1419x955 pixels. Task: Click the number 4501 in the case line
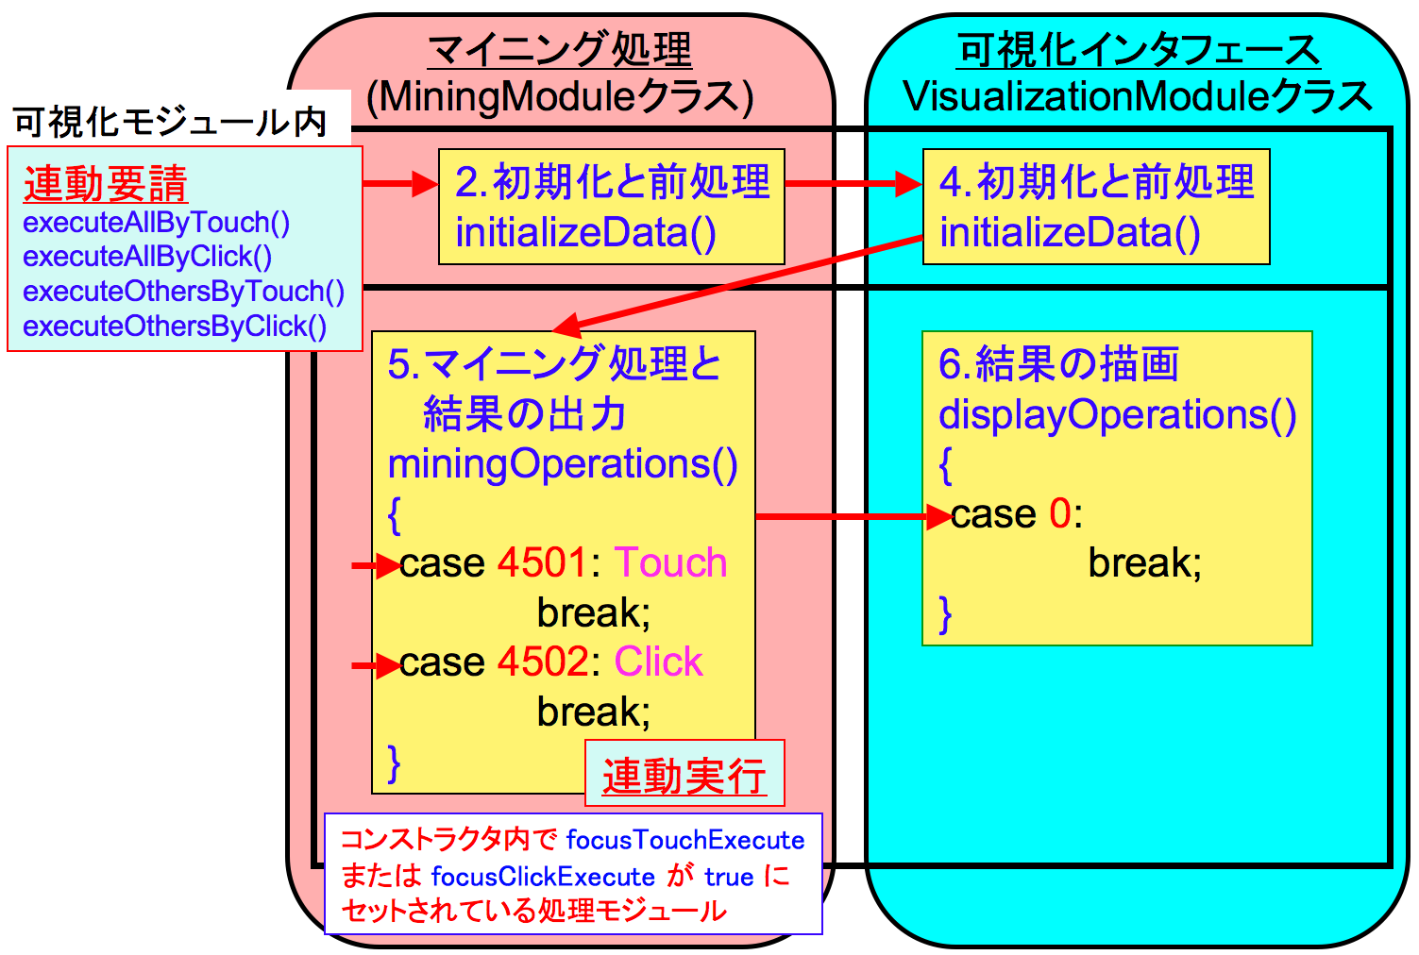click(x=543, y=563)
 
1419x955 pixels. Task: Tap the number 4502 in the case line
click(x=543, y=662)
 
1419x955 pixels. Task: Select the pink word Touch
click(x=670, y=563)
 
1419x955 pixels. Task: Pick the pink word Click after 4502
click(x=658, y=662)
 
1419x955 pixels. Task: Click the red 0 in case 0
click(x=1059, y=514)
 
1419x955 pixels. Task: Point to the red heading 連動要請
click(x=106, y=184)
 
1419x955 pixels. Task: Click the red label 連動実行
click(x=684, y=776)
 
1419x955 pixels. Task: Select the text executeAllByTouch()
click(x=156, y=223)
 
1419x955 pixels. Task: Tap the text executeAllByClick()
click(x=147, y=257)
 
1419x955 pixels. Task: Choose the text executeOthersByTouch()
click(x=183, y=292)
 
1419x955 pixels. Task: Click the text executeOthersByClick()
click(x=175, y=327)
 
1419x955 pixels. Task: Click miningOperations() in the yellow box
click(x=563, y=464)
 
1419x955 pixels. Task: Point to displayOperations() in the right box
click(x=1118, y=414)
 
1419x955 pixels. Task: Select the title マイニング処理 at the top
click(x=560, y=49)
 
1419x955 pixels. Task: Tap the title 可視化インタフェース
click(x=1139, y=49)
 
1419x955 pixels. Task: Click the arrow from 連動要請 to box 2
click(x=400, y=184)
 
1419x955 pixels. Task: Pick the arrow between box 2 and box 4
click(x=853, y=184)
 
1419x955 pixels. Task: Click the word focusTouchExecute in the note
click(x=685, y=840)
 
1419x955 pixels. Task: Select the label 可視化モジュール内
click(x=170, y=123)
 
